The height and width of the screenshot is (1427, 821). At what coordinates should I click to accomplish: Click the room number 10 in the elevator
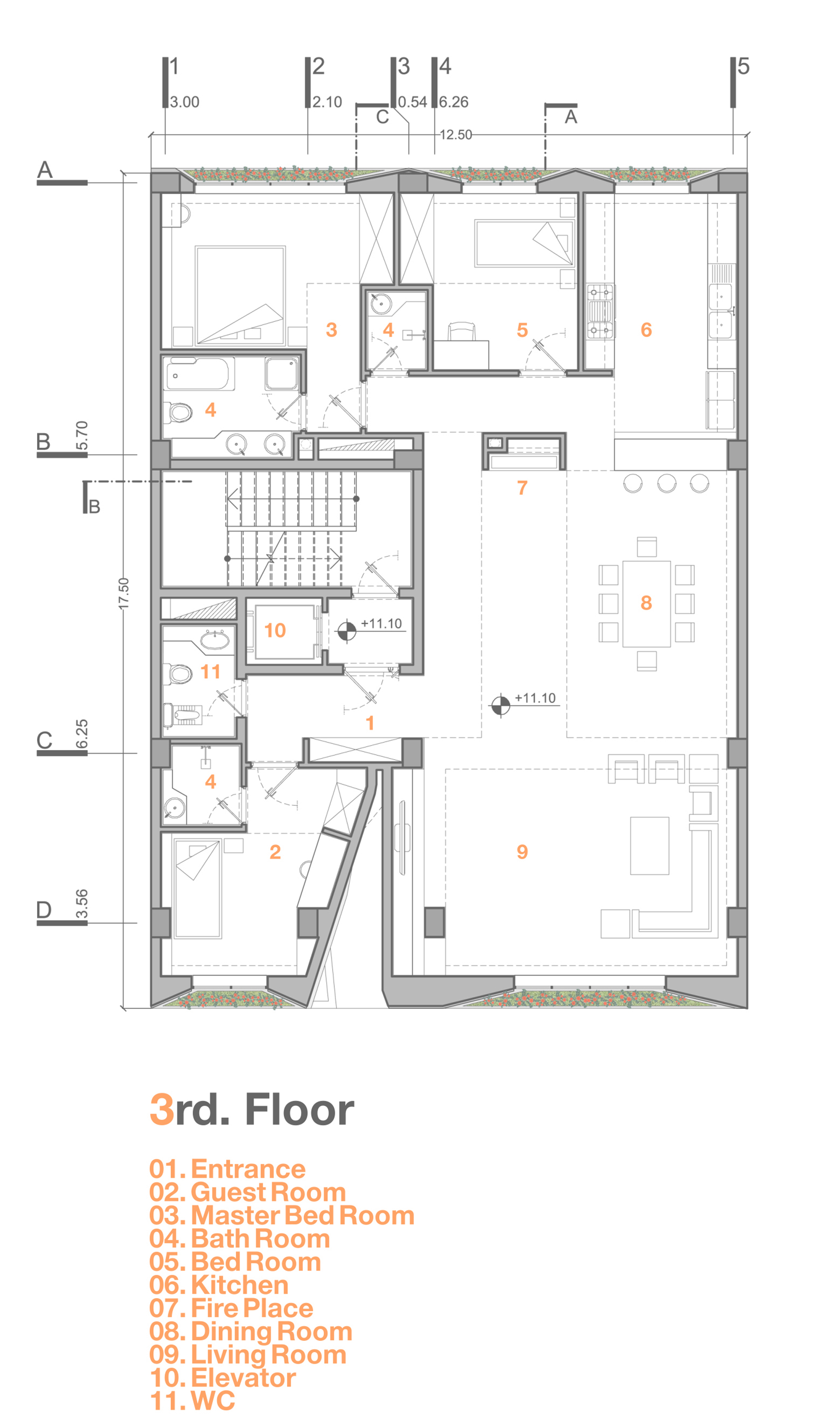275,630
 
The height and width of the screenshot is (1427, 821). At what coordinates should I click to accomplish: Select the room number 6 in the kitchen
646,330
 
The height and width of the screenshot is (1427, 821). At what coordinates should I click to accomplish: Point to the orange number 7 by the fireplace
522,488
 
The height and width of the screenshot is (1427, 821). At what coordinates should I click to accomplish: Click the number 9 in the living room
522,852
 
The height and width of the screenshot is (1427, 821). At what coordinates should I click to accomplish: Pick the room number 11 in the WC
210,672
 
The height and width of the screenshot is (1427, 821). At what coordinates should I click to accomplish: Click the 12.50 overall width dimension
455,135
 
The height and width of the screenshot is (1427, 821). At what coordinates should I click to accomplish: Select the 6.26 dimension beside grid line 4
454,102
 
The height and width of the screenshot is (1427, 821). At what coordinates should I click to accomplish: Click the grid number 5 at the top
743,67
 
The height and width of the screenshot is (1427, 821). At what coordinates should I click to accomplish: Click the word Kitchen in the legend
240,1285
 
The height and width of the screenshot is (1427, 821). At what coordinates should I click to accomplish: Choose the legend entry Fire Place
251,1309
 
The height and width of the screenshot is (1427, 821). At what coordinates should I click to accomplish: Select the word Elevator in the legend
243,1378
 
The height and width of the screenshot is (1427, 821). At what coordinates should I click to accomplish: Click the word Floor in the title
299,1109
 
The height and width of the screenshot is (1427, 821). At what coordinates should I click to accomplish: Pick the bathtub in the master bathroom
199,373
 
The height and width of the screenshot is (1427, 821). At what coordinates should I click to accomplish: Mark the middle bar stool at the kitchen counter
666,483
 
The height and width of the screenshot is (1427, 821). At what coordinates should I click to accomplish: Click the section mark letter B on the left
95,507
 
